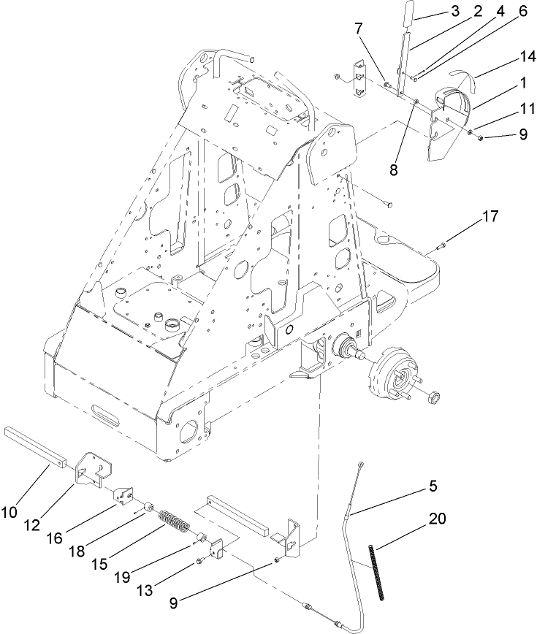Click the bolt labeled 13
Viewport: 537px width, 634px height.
pos(199,562)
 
